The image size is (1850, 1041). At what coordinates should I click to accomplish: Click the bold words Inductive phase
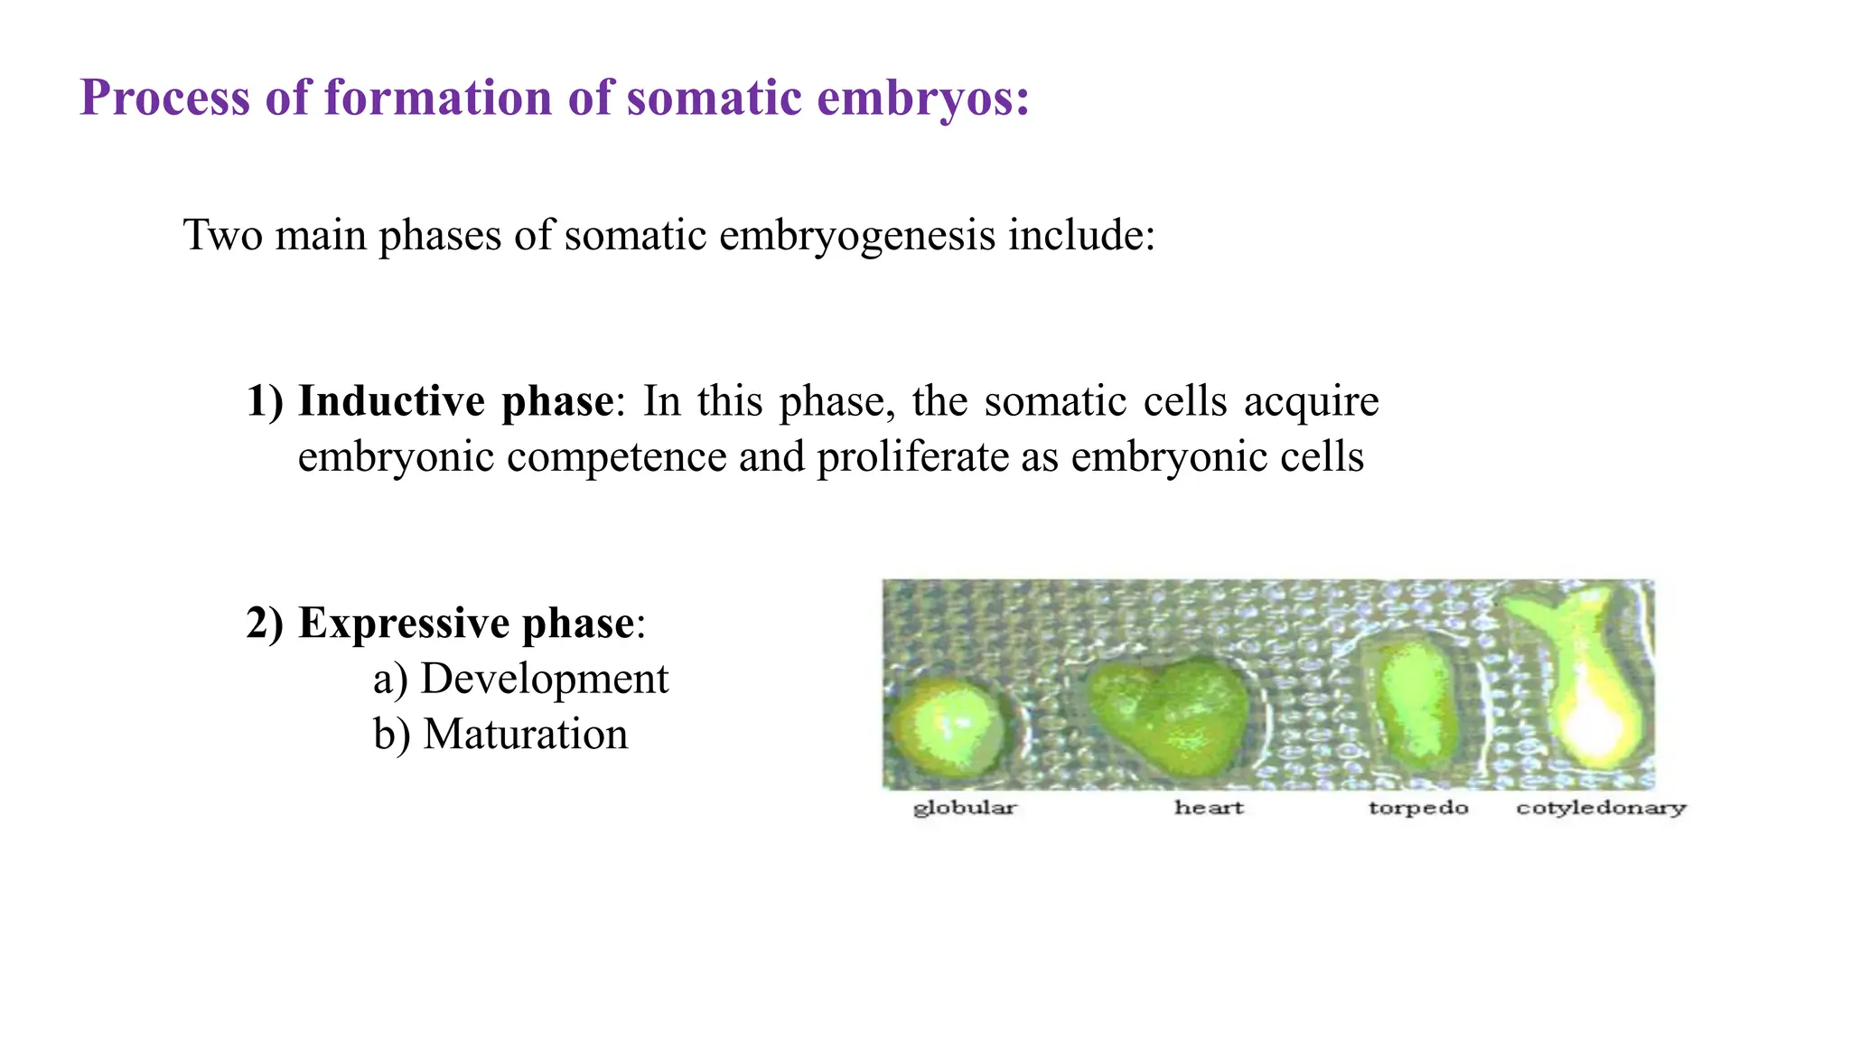[x=456, y=401]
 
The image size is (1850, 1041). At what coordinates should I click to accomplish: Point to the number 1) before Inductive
[x=265, y=401]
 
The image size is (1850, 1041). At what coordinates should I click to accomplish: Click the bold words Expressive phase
[x=466, y=624]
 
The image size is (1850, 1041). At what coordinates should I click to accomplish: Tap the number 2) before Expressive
[x=265, y=624]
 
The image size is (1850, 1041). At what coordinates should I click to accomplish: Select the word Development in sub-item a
[x=545, y=679]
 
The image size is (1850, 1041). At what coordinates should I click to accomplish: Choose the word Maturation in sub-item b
[x=525, y=734]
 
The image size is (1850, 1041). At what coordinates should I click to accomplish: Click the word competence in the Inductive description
[x=616, y=456]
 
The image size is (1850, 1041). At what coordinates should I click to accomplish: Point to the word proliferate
[x=912, y=456]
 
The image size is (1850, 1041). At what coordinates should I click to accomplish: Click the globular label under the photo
[x=964, y=807]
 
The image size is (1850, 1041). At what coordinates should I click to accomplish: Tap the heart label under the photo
[x=1209, y=807]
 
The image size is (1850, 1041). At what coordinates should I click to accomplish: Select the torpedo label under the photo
[x=1418, y=807]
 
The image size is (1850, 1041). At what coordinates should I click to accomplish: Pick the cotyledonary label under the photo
[x=1601, y=807]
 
